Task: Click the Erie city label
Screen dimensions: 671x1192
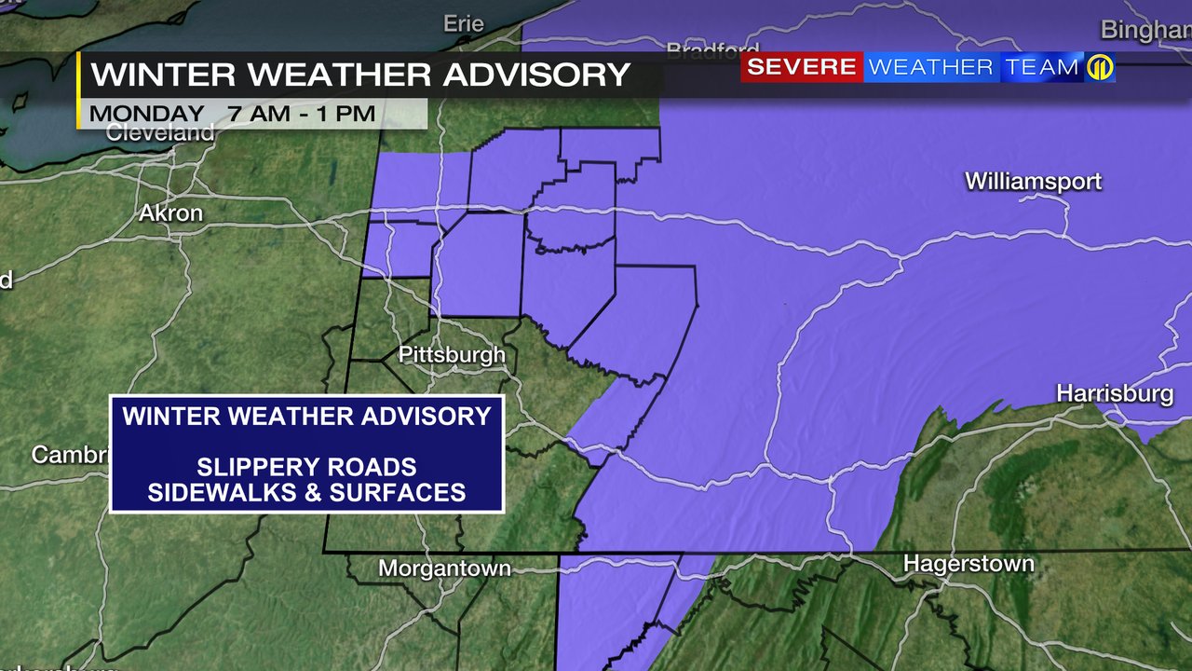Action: (x=464, y=23)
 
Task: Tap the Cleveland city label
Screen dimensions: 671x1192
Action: (x=160, y=132)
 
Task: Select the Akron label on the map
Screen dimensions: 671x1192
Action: (x=170, y=212)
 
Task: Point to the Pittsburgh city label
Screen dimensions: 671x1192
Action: (x=452, y=354)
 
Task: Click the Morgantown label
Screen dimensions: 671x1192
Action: (x=445, y=568)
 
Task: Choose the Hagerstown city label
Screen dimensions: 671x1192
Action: (x=968, y=564)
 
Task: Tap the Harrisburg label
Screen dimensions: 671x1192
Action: (x=1115, y=394)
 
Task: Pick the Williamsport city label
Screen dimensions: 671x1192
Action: (x=1033, y=181)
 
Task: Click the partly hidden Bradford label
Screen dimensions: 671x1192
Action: (x=713, y=49)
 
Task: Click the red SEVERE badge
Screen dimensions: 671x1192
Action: (x=802, y=67)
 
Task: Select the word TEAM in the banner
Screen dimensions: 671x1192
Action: (x=1041, y=67)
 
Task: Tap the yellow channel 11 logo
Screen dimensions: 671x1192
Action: (x=1100, y=68)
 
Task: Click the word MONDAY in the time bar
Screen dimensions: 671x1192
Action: (x=147, y=114)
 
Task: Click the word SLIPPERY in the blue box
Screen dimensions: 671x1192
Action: (x=246, y=467)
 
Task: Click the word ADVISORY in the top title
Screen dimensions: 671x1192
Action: (x=536, y=74)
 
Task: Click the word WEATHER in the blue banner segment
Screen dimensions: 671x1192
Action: (x=930, y=67)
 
